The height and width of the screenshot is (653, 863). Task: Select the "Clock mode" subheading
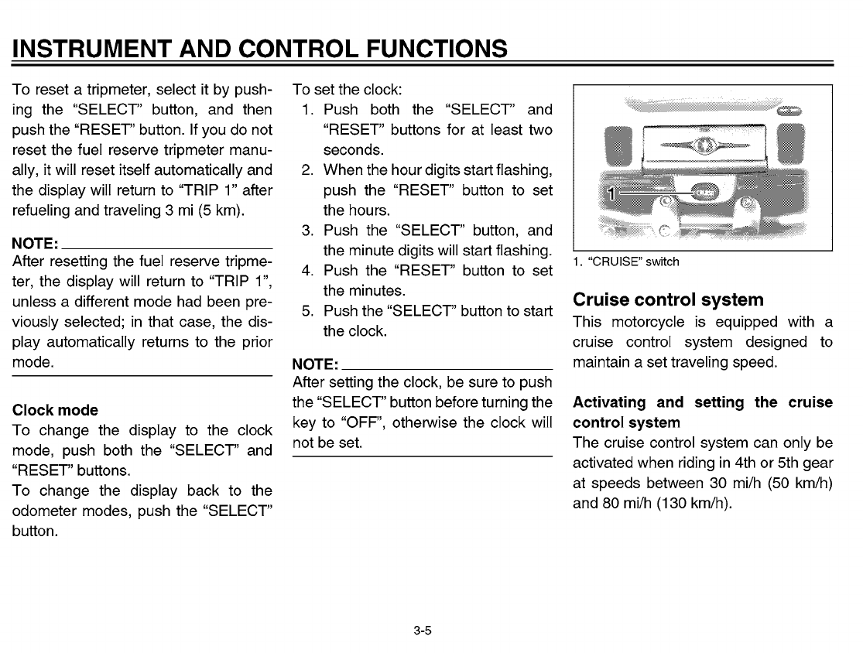pyautogui.click(x=55, y=410)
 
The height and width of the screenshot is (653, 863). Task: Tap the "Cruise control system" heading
pyautogui.click(x=667, y=299)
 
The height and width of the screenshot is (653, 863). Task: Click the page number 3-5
pyautogui.click(x=422, y=631)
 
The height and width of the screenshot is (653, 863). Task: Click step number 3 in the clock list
pyautogui.click(x=307, y=231)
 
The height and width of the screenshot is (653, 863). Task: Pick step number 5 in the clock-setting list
pyautogui.click(x=307, y=311)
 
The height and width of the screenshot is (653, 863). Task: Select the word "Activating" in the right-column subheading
pyautogui.click(x=608, y=402)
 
